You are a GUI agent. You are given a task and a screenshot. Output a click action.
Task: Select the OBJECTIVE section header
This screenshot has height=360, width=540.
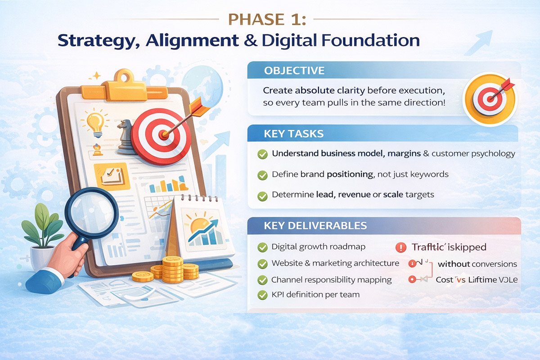pyautogui.click(x=294, y=71)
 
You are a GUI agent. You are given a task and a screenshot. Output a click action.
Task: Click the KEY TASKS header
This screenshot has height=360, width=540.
pyautogui.click(x=293, y=134)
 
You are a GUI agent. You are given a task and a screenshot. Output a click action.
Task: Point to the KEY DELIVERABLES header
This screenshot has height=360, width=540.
pyautogui.click(x=315, y=225)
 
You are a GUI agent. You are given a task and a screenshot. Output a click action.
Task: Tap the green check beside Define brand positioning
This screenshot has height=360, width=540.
pyautogui.click(x=261, y=175)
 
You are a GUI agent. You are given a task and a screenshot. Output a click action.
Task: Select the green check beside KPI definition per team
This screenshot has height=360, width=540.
pyautogui.click(x=261, y=295)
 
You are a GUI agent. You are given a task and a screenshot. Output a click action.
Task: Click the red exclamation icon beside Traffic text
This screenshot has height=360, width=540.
pyautogui.click(x=400, y=247)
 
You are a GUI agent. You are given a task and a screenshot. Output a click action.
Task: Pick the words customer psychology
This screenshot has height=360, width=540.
pyautogui.click(x=473, y=153)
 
